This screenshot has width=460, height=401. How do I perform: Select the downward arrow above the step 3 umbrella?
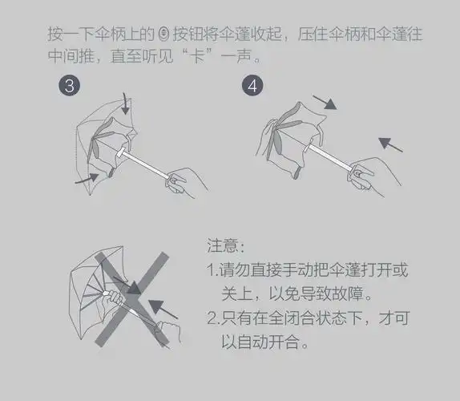(125, 103)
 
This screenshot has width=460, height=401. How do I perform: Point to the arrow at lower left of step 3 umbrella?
(87, 180)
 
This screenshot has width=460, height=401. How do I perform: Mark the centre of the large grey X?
(132, 290)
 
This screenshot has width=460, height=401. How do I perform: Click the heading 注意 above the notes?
(224, 245)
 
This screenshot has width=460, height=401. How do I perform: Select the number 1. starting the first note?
(212, 269)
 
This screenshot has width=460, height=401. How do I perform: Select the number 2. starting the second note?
(213, 318)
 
